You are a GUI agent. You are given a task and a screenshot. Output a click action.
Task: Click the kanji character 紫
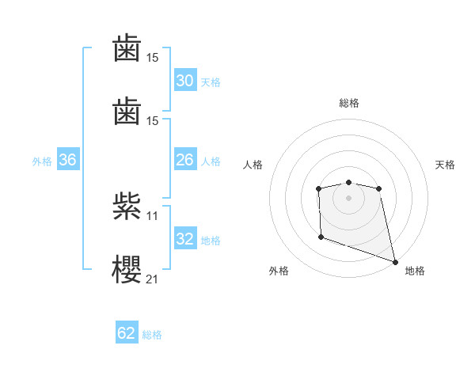pyautogui.click(x=127, y=207)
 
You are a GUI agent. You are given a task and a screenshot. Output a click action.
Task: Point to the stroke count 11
pyautogui.click(x=152, y=215)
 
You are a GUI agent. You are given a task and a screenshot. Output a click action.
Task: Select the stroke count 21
pyautogui.click(x=152, y=278)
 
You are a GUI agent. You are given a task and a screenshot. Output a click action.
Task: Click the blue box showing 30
pyautogui.click(x=185, y=81)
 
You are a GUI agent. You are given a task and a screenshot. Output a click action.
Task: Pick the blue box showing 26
pyautogui.click(x=185, y=160)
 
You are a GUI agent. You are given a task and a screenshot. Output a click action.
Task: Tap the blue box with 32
pyautogui.click(x=185, y=239)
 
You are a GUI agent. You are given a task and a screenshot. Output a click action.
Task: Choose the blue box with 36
pyautogui.click(x=68, y=160)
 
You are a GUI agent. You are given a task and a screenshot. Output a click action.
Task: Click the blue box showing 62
pyautogui.click(x=127, y=333)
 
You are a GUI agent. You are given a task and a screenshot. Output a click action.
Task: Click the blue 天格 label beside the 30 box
pyautogui.click(x=211, y=82)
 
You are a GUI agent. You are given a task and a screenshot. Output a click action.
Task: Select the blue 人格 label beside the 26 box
pyautogui.click(x=211, y=161)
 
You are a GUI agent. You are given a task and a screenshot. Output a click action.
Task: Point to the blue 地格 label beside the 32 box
pyautogui.click(x=211, y=241)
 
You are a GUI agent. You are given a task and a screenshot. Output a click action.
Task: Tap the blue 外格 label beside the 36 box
pyautogui.click(x=42, y=161)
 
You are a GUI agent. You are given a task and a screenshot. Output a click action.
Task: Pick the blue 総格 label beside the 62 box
pyautogui.click(x=152, y=335)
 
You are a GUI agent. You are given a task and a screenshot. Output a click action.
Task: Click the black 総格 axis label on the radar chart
pyautogui.click(x=348, y=103)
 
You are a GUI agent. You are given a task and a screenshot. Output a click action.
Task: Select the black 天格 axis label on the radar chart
pyautogui.click(x=446, y=165)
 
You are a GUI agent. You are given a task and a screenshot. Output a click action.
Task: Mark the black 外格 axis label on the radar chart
pyautogui.click(x=279, y=271)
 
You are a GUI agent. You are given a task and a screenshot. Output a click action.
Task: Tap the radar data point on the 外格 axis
pyautogui.click(x=321, y=237)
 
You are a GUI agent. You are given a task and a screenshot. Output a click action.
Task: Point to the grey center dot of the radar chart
pyautogui.click(x=348, y=198)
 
